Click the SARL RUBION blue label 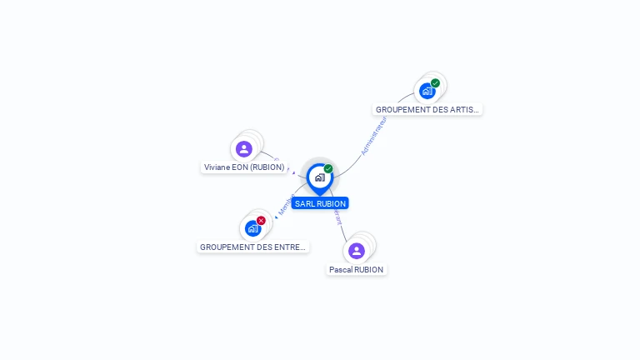320,203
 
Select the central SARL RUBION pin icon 320,177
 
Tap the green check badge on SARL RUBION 328,169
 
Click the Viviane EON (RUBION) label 244,167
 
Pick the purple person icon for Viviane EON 244,149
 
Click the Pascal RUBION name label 357,270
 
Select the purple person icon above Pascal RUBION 357,251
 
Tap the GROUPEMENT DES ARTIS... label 427,109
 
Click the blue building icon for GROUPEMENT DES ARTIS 427,91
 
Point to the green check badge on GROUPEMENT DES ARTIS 435,83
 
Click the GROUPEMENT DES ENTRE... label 253,247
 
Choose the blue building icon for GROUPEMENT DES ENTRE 253,228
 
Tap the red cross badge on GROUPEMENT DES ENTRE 261,221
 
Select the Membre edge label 287,205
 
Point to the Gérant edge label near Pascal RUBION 337,217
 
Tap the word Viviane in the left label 218,167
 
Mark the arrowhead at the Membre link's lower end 276,217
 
